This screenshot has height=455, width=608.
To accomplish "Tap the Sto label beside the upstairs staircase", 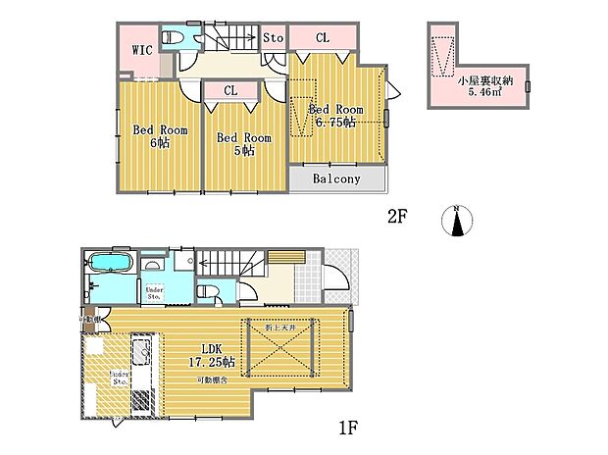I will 274,38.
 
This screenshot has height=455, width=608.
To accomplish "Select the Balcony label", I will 336,179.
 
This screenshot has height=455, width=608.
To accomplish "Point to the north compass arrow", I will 456,223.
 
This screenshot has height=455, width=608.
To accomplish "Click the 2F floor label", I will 396,218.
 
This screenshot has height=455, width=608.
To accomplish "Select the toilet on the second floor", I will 173,37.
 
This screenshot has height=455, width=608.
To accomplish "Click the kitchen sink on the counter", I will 139,352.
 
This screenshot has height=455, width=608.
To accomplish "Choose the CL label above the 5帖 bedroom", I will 230,90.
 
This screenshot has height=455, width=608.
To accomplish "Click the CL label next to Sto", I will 322,38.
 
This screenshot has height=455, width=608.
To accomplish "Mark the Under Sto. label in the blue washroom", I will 154,290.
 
